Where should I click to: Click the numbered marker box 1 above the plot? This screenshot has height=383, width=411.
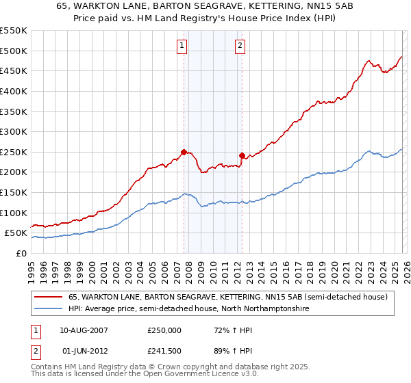(183, 47)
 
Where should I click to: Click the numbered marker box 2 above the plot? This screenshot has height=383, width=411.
(241, 47)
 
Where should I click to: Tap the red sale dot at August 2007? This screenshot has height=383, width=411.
(184, 152)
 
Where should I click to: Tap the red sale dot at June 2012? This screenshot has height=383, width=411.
(242, 155)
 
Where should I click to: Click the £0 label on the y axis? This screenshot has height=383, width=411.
(21, 253)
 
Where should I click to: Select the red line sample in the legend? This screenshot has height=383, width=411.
(48, 298)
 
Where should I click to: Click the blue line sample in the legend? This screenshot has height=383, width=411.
(48, 309)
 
